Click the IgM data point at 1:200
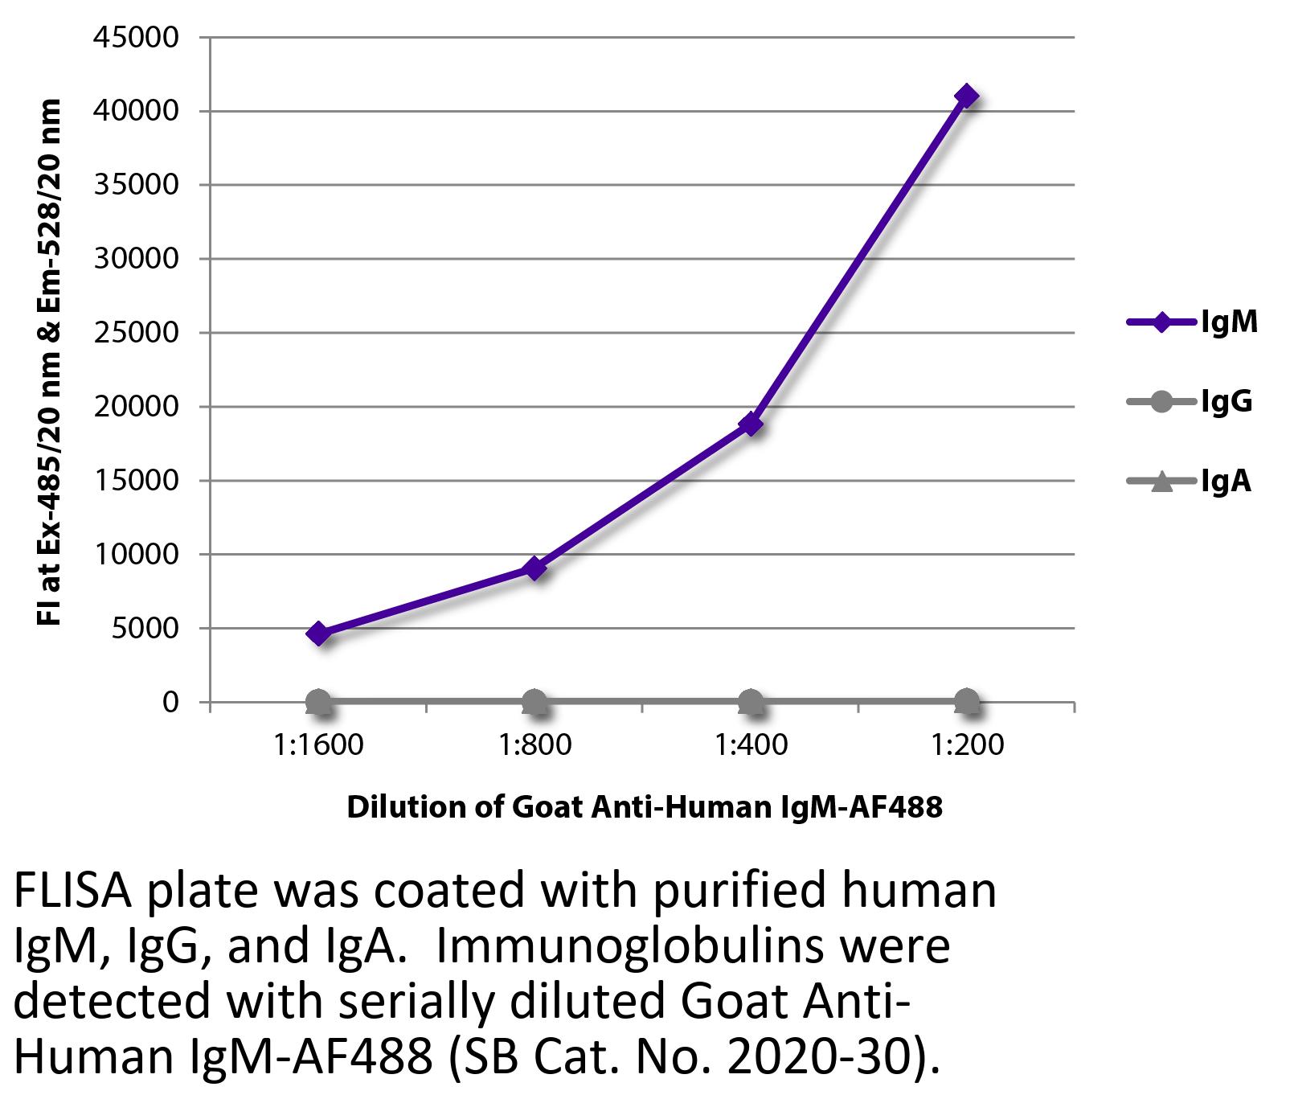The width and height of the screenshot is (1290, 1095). click(x=966, y=96)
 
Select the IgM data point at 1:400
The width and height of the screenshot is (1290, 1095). click(x=751, y=424)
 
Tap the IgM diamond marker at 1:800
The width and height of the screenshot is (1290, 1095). click(x=534, y=568)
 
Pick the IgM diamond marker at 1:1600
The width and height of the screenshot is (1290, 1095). click(x=318, y=634)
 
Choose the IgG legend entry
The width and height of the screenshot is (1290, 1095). click(x=1190, y=401)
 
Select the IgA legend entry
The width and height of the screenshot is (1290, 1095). click(x=1190, y=482)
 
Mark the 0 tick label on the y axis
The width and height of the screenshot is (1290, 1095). click(x=170, y=703)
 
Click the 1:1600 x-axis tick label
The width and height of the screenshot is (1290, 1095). click(x=318, y=745)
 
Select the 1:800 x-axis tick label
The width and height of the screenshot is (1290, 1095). click(x=534, y=745)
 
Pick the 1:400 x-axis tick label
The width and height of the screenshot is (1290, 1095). click(x=751, y=745)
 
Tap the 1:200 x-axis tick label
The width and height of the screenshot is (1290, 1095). click(x=967, y=745)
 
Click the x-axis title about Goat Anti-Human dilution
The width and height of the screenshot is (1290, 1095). click(x=644, y=806)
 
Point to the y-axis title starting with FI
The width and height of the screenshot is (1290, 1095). click(x=50, y=362)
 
